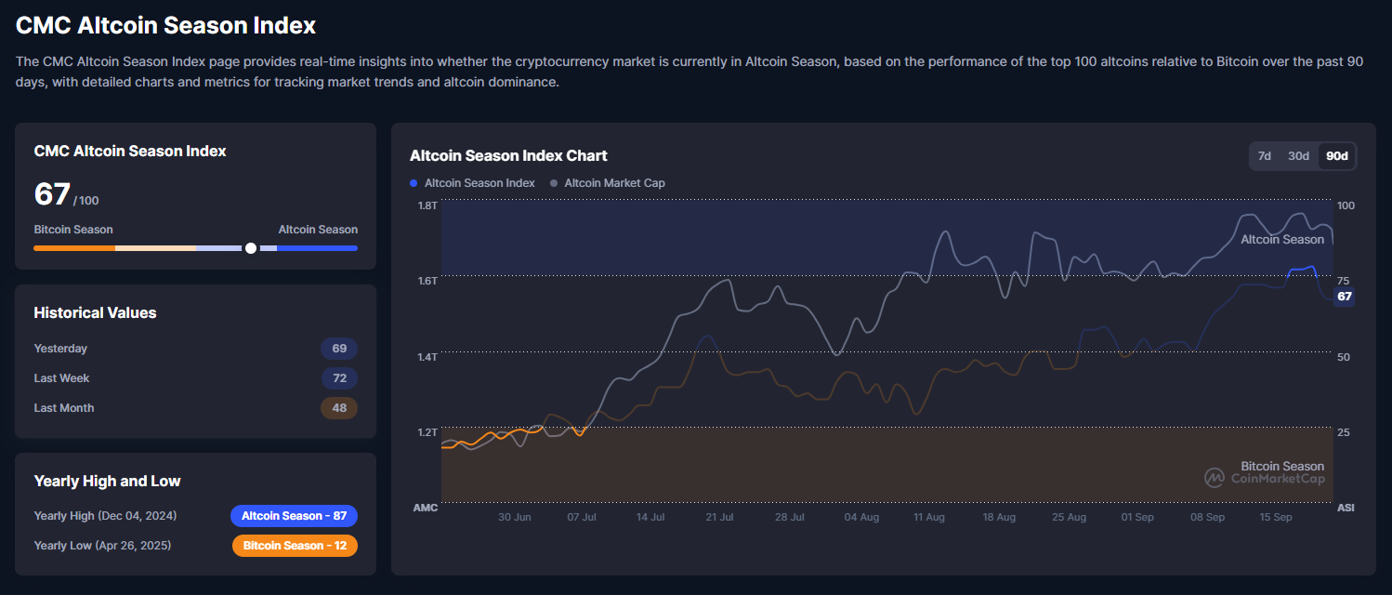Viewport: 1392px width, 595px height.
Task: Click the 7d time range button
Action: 1264,156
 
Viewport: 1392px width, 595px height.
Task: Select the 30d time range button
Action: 1298,156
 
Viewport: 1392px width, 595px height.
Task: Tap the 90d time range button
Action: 1336,156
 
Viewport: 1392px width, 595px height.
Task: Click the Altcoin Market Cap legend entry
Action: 613,183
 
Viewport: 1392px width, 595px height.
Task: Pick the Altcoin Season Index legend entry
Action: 479,183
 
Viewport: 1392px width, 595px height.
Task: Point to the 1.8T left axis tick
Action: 427,205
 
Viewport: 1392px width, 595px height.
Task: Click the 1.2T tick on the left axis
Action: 427,432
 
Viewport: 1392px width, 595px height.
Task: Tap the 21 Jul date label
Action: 719,517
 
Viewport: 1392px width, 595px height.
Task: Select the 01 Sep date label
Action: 1137,517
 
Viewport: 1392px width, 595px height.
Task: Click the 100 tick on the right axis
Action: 1345,205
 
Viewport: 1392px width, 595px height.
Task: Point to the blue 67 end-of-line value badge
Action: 1344,297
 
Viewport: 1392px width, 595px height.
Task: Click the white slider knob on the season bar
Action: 250,248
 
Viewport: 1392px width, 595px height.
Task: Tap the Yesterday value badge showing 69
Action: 339,349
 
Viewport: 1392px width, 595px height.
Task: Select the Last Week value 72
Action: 339,378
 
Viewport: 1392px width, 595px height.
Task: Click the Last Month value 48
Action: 339,408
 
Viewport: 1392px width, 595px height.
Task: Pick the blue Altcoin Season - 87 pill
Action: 294,516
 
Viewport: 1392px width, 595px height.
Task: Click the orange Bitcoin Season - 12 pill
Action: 295,546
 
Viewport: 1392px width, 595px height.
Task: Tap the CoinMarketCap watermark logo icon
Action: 1215,478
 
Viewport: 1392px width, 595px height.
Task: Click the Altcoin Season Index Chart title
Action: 508,155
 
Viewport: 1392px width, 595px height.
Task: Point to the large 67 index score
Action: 52,194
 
